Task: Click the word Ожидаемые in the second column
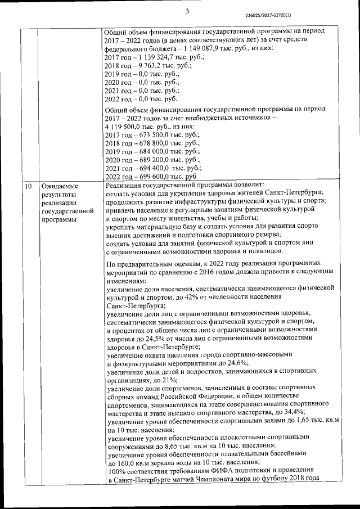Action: pyautogui.click(x=61, y=186)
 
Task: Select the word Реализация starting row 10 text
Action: pyautogui.click(x=127, y=185)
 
